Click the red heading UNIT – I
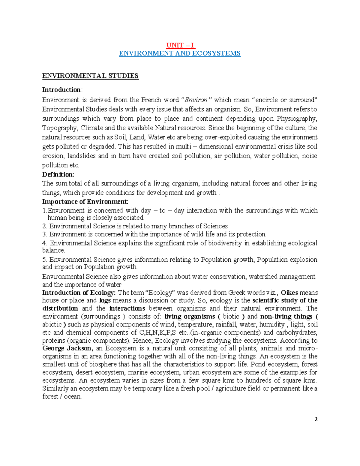[x=180, y=45]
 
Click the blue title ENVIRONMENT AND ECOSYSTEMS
[x=180, y=53]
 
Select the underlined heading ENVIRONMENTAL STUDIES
[x=90, y=76]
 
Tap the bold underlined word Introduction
[x=61, y=90]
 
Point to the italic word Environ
[x=197, y=100]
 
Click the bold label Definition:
[x=58, y=174]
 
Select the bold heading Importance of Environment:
[x=85, y=201]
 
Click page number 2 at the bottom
[x=316, y=419]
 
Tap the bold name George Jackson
[x=67, y=348]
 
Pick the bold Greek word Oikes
[x=289, y=293]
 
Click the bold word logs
[x=105, y=300]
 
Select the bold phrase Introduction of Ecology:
[x=79, y=293]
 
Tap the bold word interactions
[x=127, y=308]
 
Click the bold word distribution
[x=60, y=308]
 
